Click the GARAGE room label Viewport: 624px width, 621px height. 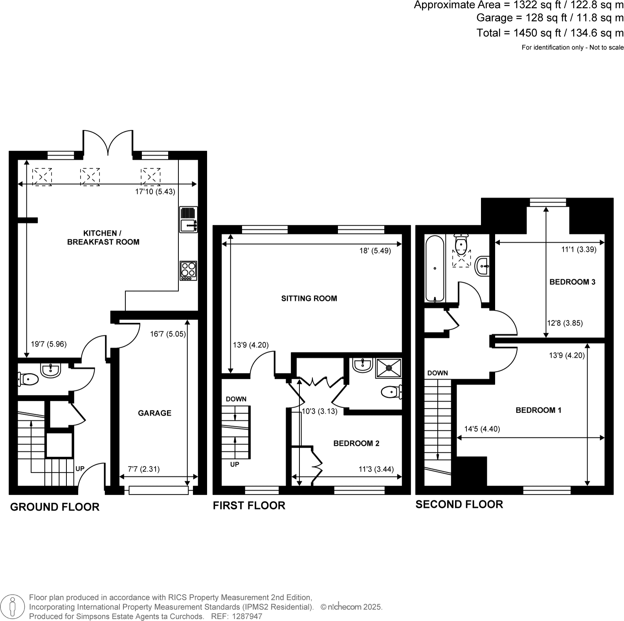154,413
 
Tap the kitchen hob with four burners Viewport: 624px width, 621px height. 188,270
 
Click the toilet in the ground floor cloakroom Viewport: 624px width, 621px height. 28,379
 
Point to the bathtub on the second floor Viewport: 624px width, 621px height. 435,268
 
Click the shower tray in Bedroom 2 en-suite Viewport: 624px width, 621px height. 388,368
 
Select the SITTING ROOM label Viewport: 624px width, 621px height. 309,298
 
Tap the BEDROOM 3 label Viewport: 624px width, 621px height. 572,282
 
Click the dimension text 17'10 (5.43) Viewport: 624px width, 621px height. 155,192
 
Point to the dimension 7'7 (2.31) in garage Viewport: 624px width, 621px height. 144,469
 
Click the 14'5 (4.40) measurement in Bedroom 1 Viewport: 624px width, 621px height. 482,429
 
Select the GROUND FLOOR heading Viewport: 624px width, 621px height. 55,507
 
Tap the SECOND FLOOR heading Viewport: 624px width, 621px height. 459,504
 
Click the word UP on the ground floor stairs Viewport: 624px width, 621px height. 80,469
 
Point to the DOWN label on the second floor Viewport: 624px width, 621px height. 437,373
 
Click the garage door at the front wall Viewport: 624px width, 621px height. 158,490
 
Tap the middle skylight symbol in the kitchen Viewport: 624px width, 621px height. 90,177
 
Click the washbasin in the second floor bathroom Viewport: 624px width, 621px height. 483,266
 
